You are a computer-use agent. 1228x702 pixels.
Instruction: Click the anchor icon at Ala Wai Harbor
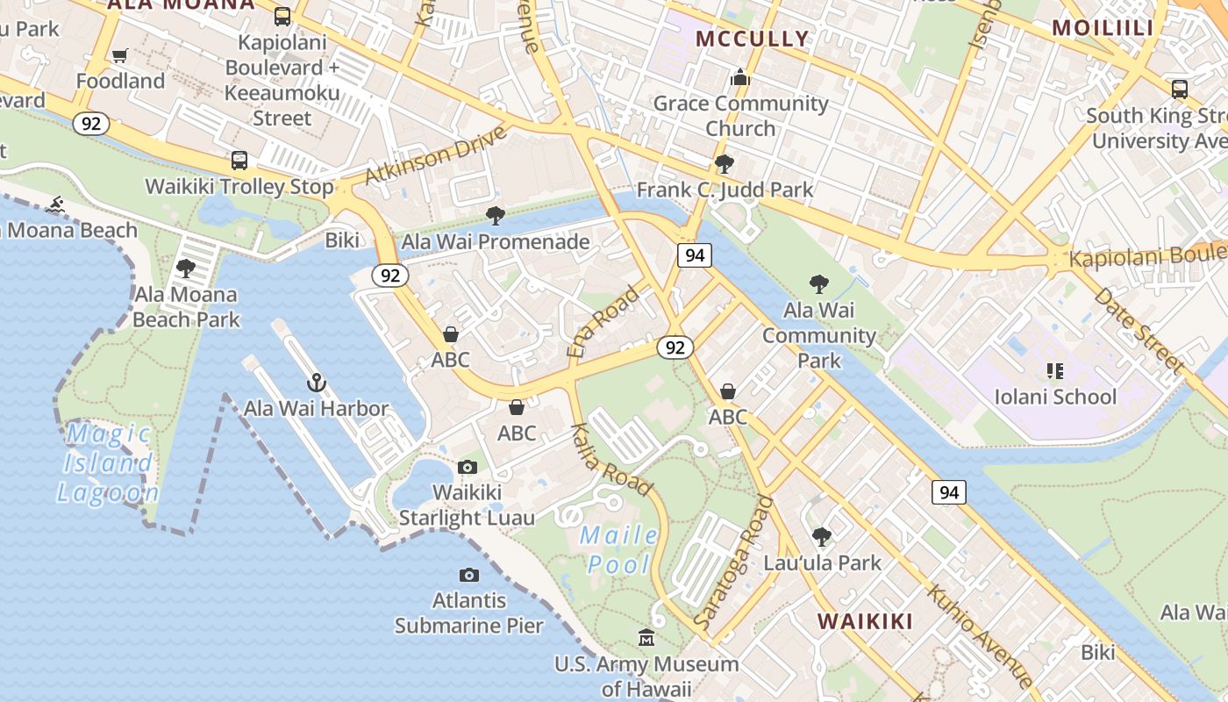[x=316, y=383]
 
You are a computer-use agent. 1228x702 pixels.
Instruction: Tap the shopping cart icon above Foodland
[x=120, y=55]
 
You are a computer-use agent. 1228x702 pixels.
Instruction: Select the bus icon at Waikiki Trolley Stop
[x=239, y=161]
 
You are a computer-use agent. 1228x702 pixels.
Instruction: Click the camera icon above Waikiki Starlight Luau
[x=468, y=467]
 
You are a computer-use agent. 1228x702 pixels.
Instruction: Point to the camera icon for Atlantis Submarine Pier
[x=469, y=575]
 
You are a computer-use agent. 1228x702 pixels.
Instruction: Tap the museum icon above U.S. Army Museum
[x=646, y=637]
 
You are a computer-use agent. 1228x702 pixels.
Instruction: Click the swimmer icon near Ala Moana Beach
[x=57, y=204]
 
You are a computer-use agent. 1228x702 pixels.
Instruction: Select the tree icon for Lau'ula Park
[x=821, y=536]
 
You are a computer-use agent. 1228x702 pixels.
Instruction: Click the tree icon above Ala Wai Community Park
[x=818, y=283]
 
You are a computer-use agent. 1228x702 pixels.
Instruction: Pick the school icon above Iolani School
[x=1054, y=371]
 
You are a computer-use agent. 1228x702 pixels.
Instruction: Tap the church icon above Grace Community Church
[x=740, y=78]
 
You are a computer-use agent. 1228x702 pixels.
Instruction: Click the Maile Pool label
[x=619, y=549]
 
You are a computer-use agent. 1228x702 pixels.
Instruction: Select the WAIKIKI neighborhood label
[x=865, y=621]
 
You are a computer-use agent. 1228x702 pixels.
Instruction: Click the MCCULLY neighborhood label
[x=753, y=39]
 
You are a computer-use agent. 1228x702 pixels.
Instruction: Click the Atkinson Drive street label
[x=436, y=154]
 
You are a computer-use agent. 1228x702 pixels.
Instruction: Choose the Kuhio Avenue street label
[x=981, y=634]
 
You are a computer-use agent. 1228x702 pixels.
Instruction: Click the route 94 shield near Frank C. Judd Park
[x=694, y=255]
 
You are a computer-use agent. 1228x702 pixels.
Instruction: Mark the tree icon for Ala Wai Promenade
[x=496, y=215]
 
